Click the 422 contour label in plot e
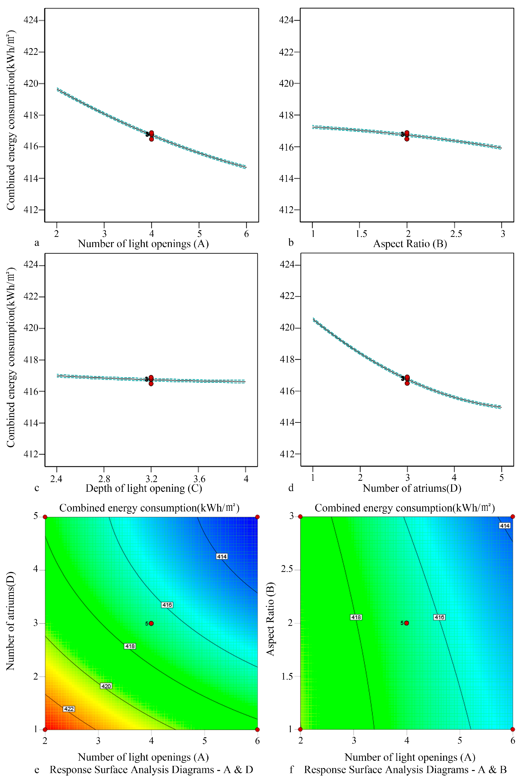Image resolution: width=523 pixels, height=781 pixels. tap(69, 709)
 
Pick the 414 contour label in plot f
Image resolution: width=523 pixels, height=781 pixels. tap(504, 526)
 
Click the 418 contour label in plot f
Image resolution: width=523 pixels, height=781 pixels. tap(356, 617)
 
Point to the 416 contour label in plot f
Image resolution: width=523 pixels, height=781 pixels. tap(439, 617)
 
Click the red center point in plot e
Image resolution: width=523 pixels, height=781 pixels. tap(151, 623)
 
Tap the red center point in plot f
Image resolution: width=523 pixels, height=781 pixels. tap(407, 623)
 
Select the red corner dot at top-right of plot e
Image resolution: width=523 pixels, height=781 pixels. tap(258, 517)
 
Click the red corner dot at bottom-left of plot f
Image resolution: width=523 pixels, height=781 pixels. tap(300, 729)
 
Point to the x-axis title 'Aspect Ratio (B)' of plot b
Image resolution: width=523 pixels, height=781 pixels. tap(410, 244)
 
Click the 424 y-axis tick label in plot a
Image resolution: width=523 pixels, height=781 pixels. tap(31, 20)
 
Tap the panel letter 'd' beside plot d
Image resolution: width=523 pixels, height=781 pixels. tap(291, 488)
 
